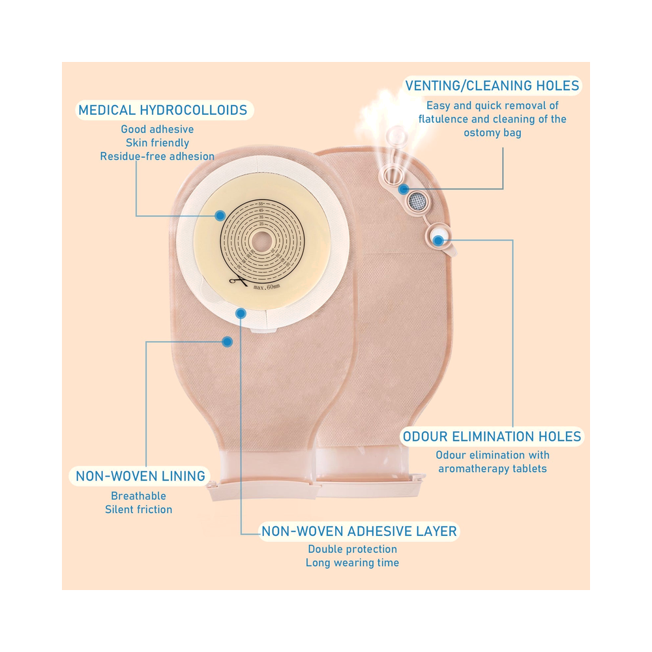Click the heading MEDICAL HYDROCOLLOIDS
[162, 110]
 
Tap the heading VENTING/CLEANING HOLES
[492, 85]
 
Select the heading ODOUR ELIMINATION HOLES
[492, 437]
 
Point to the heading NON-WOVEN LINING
[141, 476]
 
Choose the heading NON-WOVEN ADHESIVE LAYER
[359, 531]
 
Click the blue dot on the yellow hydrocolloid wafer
[220, 215]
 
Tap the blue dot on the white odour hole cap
[438, 240]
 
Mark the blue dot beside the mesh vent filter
[403, 190]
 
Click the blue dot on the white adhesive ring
[241, 313]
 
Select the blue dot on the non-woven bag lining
[227, 342]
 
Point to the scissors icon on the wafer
[238, 282]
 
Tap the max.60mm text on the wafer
[267, 287]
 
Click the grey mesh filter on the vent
[417, 201]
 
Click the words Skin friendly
[158, 143]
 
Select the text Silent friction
[138, 509]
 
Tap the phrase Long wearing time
[352, 563]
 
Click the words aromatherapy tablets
[492, 469]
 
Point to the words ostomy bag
[492, 133]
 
